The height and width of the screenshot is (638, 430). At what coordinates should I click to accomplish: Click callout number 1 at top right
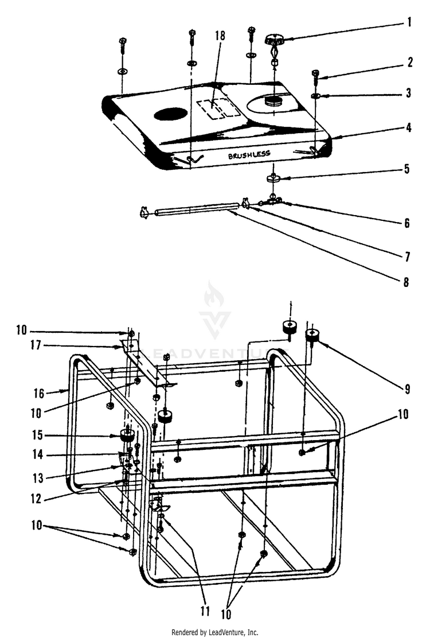point(409,24)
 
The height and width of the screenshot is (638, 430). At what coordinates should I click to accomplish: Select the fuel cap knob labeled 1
point(275,41)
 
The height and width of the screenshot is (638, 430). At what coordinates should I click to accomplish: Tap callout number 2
point(409,63)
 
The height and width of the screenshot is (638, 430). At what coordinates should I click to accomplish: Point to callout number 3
point(409,93)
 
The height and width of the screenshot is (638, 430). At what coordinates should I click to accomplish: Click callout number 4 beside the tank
point(409,127)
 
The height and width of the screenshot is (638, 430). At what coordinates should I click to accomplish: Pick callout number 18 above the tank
point(220,36)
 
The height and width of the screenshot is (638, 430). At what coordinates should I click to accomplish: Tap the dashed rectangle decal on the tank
point(219,108)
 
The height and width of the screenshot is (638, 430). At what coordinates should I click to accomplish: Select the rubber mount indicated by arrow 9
point(312,336)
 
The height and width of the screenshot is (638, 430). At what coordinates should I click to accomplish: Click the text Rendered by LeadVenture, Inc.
point(214,632)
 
